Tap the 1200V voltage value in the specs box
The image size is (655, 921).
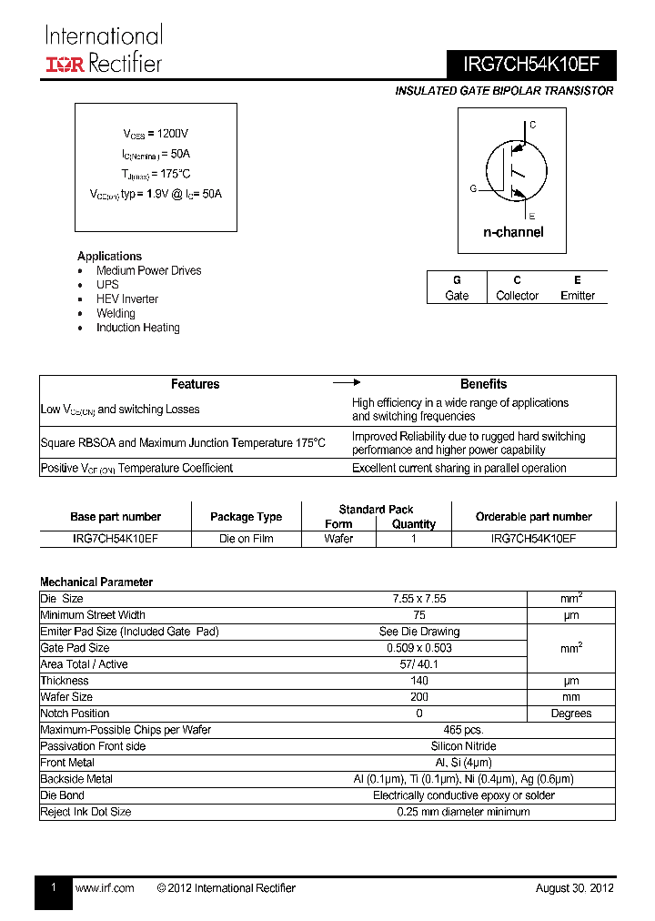pyautogui.click(x=173, y=133)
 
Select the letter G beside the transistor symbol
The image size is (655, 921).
pyautogui.click(x=473, y=188)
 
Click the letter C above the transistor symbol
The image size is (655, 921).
pyautogui.click(x=533, y=125)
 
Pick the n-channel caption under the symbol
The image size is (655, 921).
pyautogui.click(x=513, y=232)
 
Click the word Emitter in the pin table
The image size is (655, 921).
pyautogui.click(x=578, y=296)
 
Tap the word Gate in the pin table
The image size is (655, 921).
pyautogui.click(x=457, y=296)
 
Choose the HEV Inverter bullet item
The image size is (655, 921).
pyautogui.click(x=127, y=299)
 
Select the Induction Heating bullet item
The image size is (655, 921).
pyautogui.click(x=138, y=328)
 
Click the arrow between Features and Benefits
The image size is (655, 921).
pyautogui.click(x=347, y=383)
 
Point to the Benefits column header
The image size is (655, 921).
pyautogui.click(x=483, y=384)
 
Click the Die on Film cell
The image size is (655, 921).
pyautogui.click(x=246, y=539)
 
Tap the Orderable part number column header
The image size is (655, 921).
pyautogui.click(x=533, y=517)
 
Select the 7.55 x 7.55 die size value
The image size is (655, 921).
pyautogui.click(x=418, y=599)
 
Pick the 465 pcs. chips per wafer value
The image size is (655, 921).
pyautogui.click(x=463, y=730)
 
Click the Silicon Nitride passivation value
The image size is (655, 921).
pyautogui.click(x=463, y=746)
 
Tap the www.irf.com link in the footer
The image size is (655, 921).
pyautogui.click(x=105, y=888)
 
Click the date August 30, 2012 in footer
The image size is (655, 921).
pyautogui.click(x=574, y=888)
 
